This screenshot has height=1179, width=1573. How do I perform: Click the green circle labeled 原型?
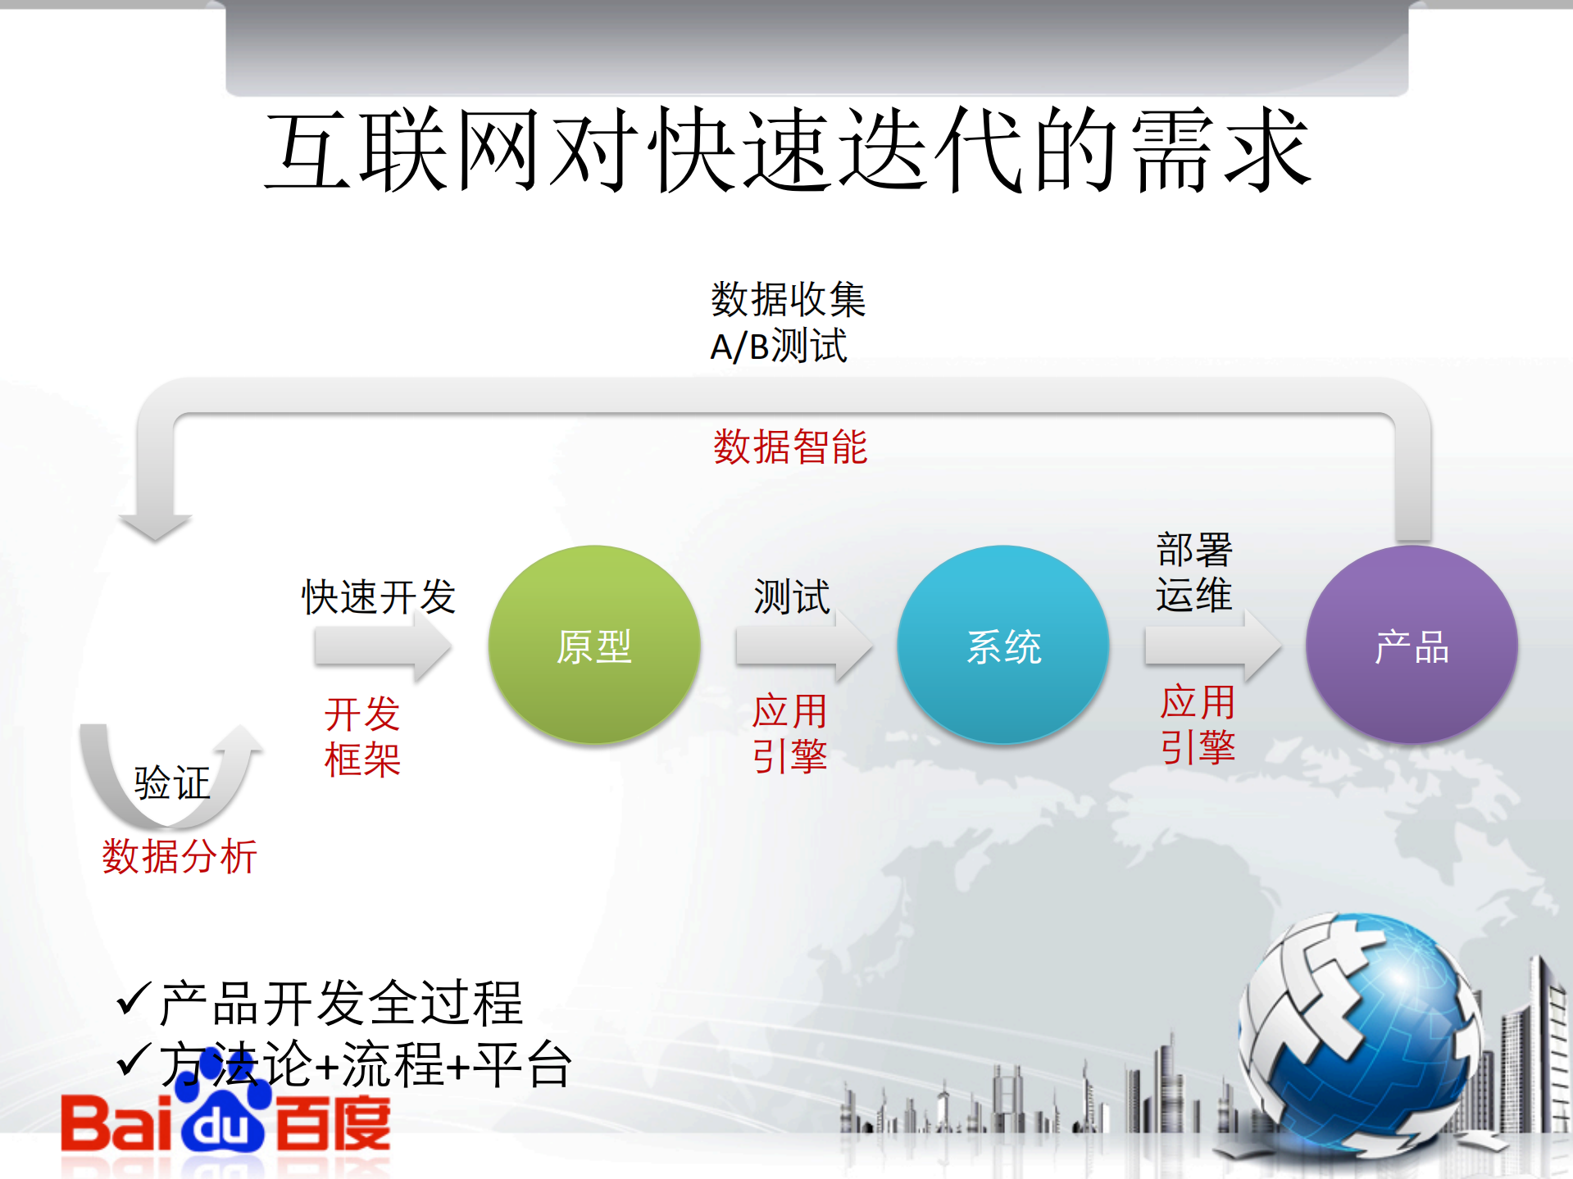point(594,645)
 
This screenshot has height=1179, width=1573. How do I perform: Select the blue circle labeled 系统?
point(1003,645)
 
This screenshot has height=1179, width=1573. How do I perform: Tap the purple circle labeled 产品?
point(1412,645)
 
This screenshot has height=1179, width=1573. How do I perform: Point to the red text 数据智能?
point(789,447)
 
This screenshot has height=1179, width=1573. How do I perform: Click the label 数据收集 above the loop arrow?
point(788,299)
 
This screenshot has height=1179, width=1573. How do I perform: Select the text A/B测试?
point(778,346)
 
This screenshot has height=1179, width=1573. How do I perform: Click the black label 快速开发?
point(378,596)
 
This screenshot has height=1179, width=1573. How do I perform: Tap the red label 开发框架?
point(362,737)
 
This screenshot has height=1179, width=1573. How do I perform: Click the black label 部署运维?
point(1193,572)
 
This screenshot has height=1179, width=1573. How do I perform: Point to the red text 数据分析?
point(180,857)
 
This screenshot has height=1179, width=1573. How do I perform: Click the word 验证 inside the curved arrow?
point(172,783)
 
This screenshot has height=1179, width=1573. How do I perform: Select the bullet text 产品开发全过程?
point(340,1003)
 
